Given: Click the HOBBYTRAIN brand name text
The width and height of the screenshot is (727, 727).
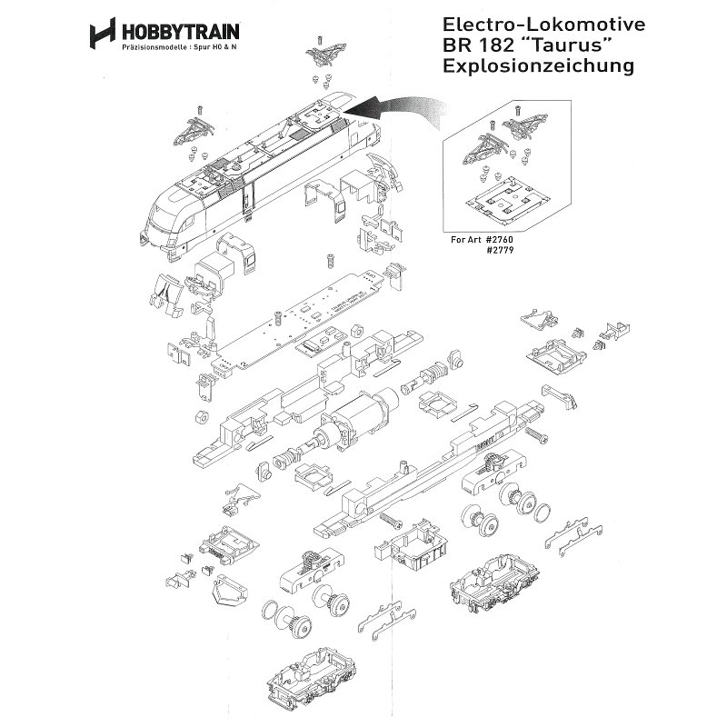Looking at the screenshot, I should (164, 30).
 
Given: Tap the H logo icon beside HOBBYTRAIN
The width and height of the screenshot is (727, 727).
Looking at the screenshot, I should (101, 34).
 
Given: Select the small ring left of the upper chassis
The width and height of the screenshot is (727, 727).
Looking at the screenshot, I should (200, 416).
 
